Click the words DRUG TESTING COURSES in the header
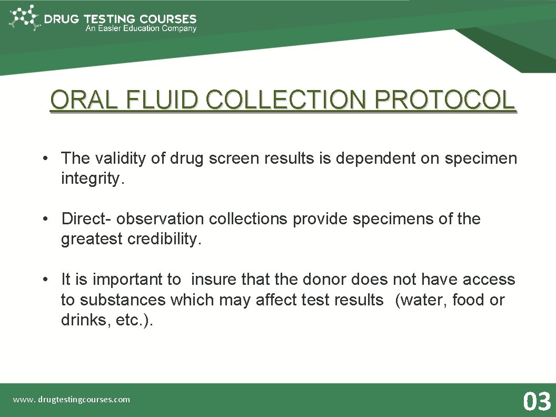pyautogui.click(x=120, y=19)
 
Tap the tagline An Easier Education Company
pyautogui.click(x=141, y=29)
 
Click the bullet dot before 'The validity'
pyautogui.click(x=47, y=158)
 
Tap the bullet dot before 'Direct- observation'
pyautogui.click(x=47, y=219)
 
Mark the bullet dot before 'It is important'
pyautogui.click(x=47, y=280)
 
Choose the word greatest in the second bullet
pyautogui.click(x=92, y=239)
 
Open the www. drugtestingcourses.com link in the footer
pyautogui.click(x=72, y=400)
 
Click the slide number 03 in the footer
pyautogui.click(x=537, y=401)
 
